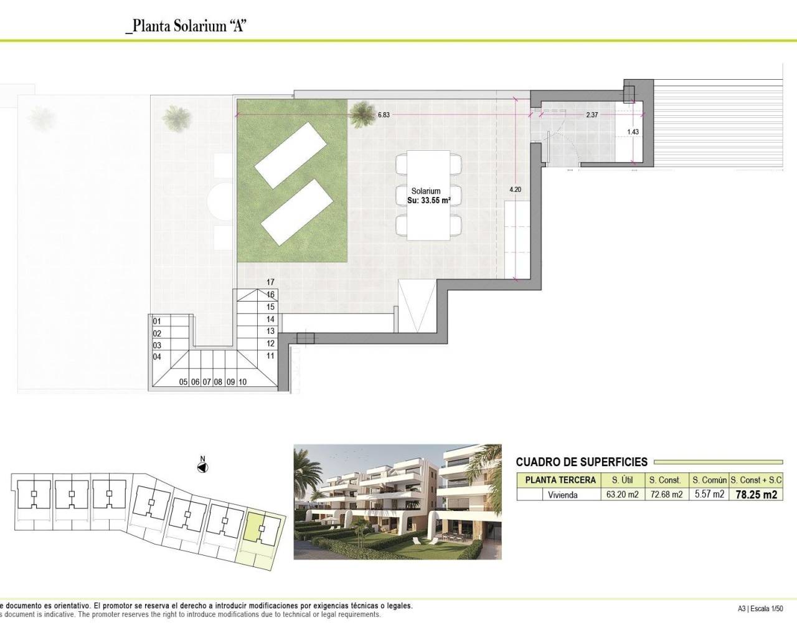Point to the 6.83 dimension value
point(384,115)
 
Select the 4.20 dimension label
point(515,189)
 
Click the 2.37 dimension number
point(592,115)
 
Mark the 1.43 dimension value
point(633,132)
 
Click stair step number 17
point(270,282)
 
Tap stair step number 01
point(157,321)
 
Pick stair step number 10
point(242,382)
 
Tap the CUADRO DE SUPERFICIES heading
point(582,462)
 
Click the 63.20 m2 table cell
point(623,495)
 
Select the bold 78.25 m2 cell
point(756,495)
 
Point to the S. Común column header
point(709,480)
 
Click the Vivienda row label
point(562,495)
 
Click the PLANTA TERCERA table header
point(560,480)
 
